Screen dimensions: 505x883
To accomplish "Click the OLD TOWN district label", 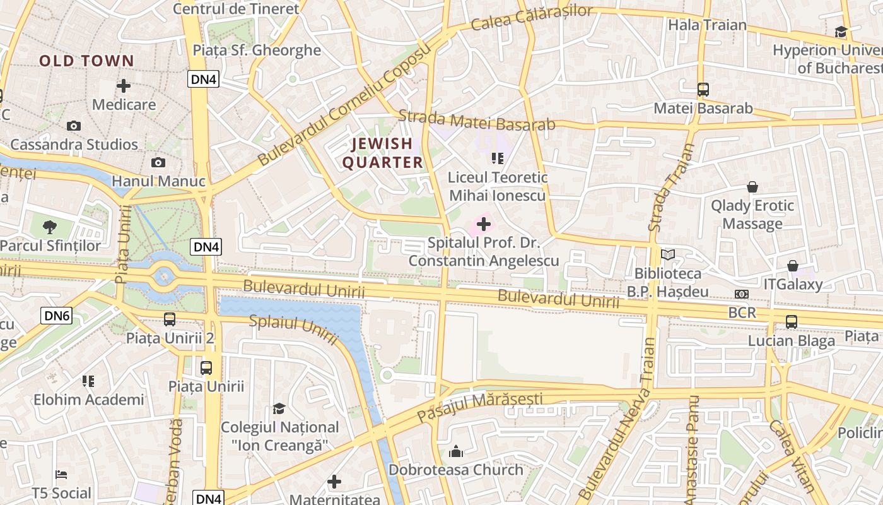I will coord(86,61).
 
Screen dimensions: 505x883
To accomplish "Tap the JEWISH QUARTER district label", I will coord(382,153).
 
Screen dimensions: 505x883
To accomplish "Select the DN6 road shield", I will coord(57,316).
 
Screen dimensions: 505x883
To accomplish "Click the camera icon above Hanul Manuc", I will coord(158,163).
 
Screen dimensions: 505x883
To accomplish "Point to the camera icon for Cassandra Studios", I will coord(74,126).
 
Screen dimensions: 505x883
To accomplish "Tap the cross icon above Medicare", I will coord(124,86).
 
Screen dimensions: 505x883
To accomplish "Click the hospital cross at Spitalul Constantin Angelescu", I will coord(484,224).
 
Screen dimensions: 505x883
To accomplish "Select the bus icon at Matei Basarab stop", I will coord(703,90).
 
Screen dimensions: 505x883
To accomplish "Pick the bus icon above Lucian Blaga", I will coord(792,322).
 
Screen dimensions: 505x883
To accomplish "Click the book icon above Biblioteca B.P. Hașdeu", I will coord(667,255).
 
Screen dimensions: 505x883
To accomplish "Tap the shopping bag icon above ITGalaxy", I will coord(793,266).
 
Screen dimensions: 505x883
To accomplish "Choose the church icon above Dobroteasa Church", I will coord(455,451).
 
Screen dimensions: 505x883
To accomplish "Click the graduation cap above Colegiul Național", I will coord(279,409).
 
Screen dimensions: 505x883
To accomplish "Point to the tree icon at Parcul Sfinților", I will coord(50,227).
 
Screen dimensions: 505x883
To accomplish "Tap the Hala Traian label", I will coord(707,25).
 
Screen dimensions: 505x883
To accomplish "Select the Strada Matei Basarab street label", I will coord(477,121).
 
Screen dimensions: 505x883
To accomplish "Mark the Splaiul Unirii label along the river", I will coord(293,330).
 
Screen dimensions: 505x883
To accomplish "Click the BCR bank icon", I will coord(741,294).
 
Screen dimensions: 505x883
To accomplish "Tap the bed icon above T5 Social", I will coord(61,474).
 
